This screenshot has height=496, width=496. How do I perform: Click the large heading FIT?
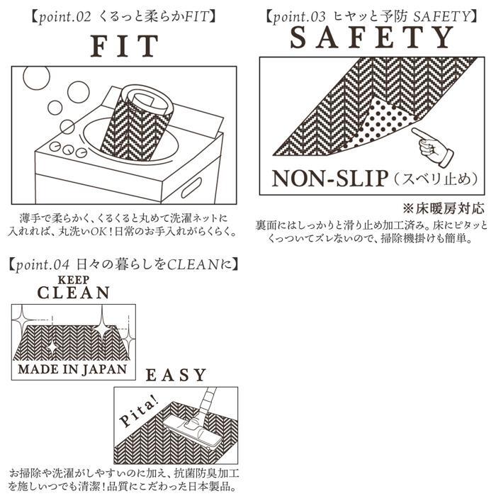(x=124, y=46)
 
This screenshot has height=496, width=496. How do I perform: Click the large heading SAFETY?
(x=372, y=38)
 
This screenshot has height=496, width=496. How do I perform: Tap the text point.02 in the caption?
(x=65, y=17)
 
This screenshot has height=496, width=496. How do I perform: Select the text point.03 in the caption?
(x=299, y=17)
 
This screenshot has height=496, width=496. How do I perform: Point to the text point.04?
(x=43, y=265)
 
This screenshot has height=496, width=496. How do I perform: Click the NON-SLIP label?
(x=330, y=179)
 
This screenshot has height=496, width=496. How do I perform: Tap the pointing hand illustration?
(x=432, y=147)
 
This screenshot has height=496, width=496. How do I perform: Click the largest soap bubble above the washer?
(x=36, y=77)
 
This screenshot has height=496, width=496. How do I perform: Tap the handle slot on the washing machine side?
(x=191, y=188)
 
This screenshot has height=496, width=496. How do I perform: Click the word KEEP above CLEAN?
(x=74, y=280)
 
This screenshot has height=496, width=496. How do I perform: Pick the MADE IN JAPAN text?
(x=73, y=369)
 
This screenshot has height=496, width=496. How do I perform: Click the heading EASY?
(x=176, y=375)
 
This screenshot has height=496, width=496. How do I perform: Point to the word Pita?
(x=138, y=412)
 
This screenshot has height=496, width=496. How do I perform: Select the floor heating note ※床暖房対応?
(x=443, y=209)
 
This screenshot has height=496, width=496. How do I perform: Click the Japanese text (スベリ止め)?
(x=436, y=179)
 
